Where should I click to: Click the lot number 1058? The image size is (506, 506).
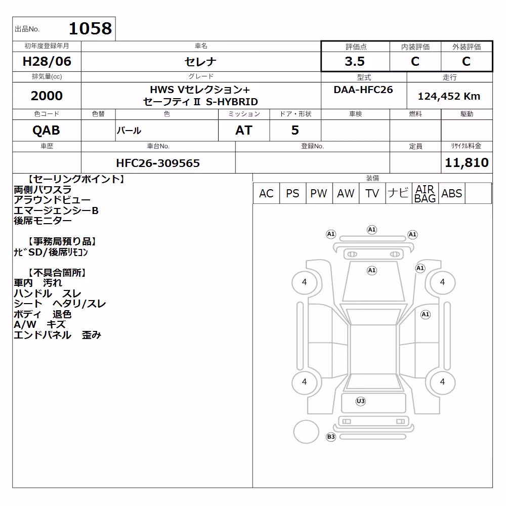(x=91, y=28)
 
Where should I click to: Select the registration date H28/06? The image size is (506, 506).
(x=47, y=61)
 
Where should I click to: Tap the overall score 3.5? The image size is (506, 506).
(x=355, y=61)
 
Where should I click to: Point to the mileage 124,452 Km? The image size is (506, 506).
(x=449, y=96)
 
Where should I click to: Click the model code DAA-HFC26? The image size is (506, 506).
(x=363, y=90)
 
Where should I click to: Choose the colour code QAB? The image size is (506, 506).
(x=46, y=131)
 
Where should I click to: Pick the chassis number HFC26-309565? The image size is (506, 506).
(x=158, y=163)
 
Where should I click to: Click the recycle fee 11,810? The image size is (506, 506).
(x=467, y=162)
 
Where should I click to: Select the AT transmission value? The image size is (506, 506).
(x=244, y=131)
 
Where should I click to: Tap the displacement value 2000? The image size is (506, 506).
(x=47, y=96)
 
